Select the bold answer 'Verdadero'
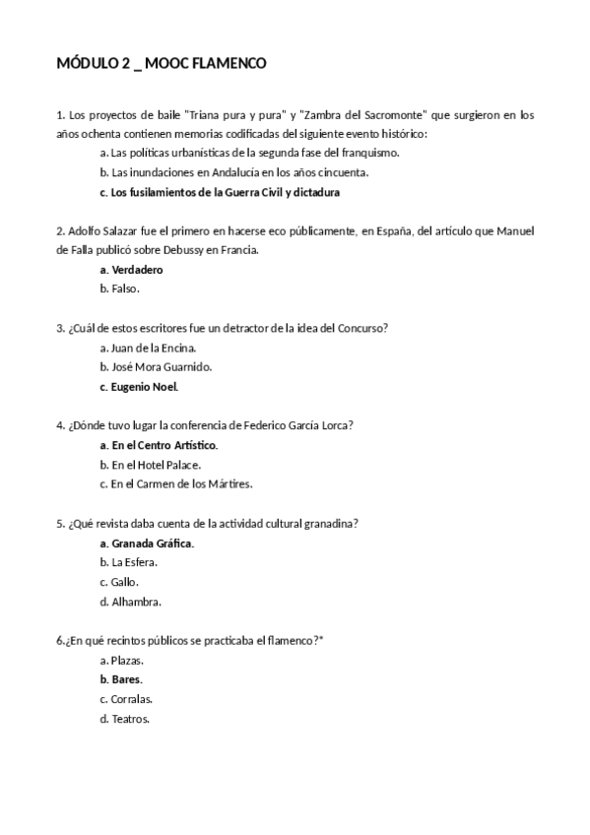pos(137,269)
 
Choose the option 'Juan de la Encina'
pos(154,347)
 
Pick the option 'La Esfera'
pos(134,562)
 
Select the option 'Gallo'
pos(124,582)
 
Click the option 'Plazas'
pos(128,660)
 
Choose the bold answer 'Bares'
pos(126,679)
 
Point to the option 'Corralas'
pos(131,699)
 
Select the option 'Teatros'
pos(130,719)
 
